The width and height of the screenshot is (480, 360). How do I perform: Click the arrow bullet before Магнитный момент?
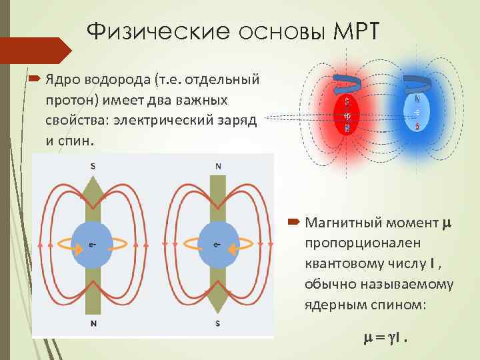tap(294, 220)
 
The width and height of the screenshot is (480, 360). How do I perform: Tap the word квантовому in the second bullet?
tap(340, 264)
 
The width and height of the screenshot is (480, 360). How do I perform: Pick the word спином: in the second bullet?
tap(402, 304)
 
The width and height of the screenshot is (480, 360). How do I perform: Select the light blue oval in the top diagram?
tap(417, 111)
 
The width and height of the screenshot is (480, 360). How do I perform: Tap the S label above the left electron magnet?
tap(92, 166)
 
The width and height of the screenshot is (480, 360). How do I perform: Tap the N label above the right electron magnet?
tap(219, 166)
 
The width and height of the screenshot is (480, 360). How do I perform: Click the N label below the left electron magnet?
tap(92, 323)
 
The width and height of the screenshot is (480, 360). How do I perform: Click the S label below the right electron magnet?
tap(219, 323)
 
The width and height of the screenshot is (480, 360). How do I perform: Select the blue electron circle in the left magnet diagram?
tap(93, 245)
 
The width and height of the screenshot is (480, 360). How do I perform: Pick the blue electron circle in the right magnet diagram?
tap(219, 245)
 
